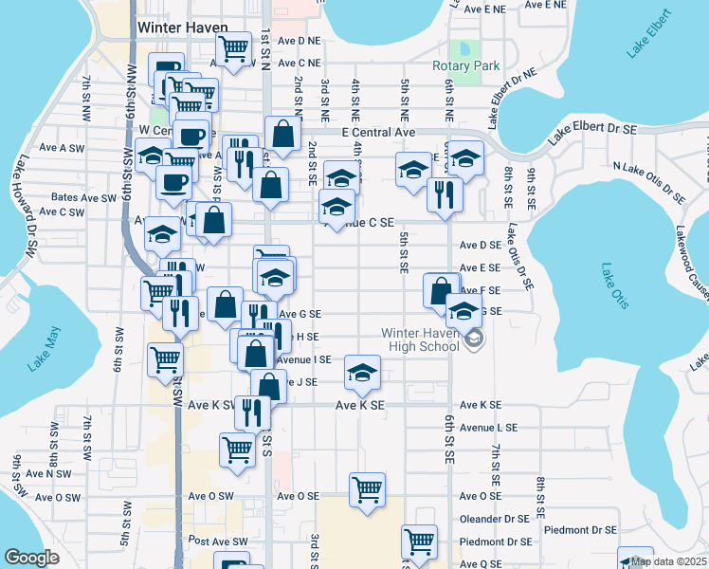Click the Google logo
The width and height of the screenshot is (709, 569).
(31, 558)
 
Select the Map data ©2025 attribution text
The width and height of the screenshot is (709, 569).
(669, 561)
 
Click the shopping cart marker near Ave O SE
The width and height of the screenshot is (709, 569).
(367, 490)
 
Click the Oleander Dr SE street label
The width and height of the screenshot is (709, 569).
(494, 519)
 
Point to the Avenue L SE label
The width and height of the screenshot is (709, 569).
(489, 428)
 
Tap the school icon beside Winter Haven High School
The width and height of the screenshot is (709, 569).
(473, 340)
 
